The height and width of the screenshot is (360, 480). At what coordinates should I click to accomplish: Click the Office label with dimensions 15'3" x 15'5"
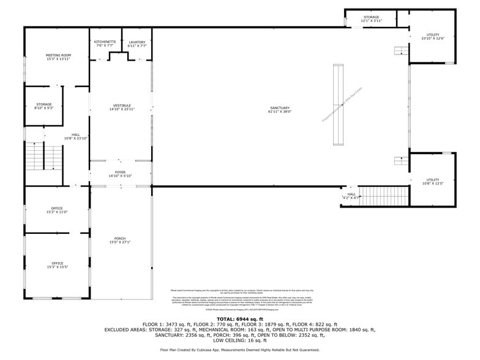point(58,265)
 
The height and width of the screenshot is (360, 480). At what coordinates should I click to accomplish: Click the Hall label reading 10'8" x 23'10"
point(75,137)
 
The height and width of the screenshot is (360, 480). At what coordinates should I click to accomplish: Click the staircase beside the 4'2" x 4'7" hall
point(383,197)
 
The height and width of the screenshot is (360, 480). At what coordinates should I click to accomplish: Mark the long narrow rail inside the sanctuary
point(337,105)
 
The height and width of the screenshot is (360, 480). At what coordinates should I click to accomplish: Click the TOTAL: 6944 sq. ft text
point(239,319)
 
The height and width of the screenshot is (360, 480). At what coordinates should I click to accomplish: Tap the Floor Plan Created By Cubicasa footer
point(239,350)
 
